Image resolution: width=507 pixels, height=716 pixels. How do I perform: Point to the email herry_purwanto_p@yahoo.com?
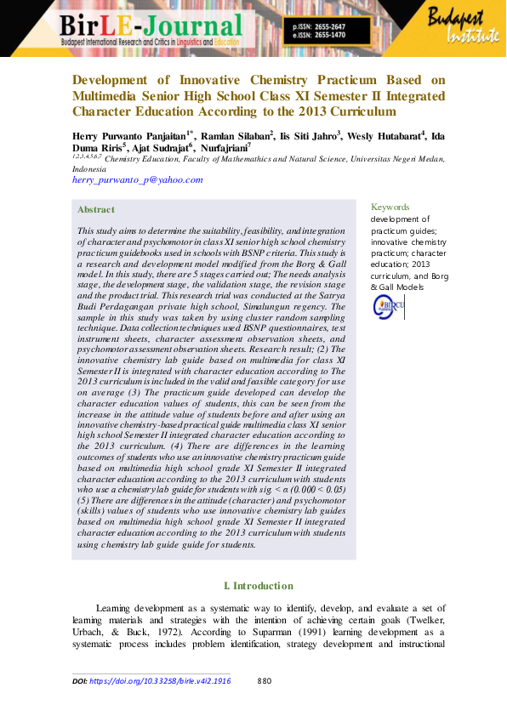pos(138,180)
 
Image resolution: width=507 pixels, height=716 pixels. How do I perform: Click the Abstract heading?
pos(95,209)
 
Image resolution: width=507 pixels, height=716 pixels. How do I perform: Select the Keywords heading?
pos(390,207)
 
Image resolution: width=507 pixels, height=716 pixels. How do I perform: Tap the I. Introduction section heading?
pos(258,586)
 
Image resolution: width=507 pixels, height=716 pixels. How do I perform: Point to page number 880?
pos(264,680)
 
